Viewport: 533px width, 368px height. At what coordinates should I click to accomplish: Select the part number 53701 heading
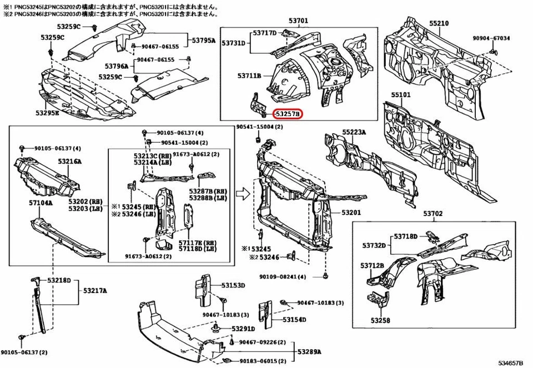pos(298,21)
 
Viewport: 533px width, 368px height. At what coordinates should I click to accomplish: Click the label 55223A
pos(354,132)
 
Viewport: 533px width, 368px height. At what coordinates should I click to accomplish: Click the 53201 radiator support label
pos(351,213)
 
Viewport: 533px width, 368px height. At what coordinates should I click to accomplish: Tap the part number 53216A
pos(69,162)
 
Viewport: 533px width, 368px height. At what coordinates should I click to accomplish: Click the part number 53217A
pos(95,290)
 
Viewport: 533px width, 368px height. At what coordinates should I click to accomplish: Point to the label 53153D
pos(233,285)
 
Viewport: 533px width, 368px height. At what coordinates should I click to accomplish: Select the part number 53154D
pos(294,320)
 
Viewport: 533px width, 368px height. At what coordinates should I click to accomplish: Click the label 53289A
pos(309,352)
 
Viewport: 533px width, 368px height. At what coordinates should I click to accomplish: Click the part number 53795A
pos(204,40)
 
